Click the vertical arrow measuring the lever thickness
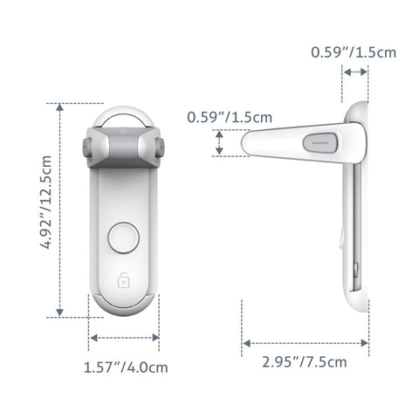[x=219, y=143]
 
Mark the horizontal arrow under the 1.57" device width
[x=124, y=337]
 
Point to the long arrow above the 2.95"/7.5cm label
[x=306, y=341]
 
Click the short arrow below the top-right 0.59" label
[x=355, y=75]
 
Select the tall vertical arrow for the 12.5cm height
[x=59, y=209]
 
